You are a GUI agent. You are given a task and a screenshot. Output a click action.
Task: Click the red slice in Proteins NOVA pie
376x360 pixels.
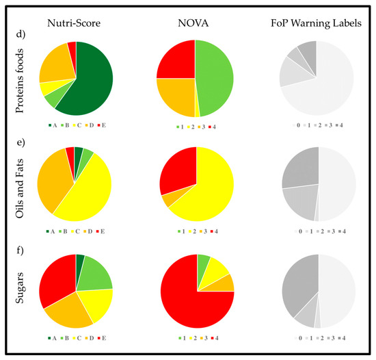pos(176,60)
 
